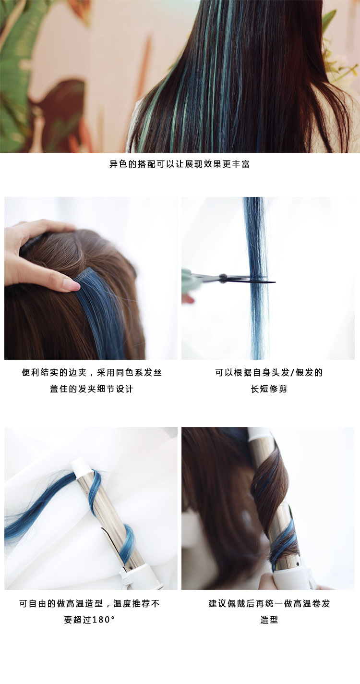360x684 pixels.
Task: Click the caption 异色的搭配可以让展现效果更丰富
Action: [x=180, y=164]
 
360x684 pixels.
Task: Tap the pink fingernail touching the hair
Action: [x=72, y=285]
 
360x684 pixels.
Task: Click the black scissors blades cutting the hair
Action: [x=250, y=279]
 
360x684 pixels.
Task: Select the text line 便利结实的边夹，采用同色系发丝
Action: [x=92, y=373]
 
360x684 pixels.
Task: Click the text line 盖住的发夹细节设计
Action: [x=92, y=389]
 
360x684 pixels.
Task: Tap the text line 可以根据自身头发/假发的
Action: [x=269, y=373]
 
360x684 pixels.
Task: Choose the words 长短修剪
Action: [x=269, y=389]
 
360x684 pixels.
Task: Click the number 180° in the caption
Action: [x=103, y=620]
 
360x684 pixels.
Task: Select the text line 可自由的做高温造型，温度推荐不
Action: [x=90, y=603]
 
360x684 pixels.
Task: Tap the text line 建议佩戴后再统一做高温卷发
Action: [x=269, y=603]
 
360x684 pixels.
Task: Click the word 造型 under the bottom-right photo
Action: [x=269, y=620]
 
